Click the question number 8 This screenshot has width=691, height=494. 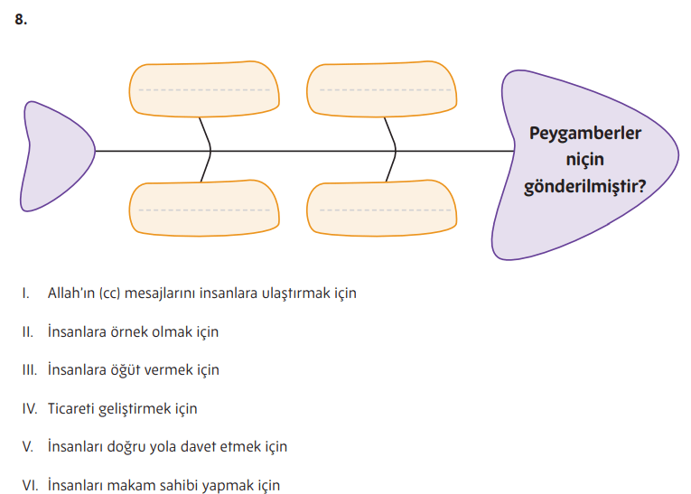(21, 19)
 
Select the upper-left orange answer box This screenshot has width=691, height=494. (204, 90)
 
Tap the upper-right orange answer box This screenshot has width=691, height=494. (381, 90)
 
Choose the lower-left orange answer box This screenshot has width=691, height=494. (204, 210)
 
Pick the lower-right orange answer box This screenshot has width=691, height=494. (381, 210)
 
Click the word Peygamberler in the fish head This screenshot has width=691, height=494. (585, 135)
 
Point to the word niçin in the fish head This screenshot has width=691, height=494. (585, 160)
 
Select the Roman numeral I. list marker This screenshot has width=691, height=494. (26, 294)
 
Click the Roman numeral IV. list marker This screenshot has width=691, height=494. (30, 408)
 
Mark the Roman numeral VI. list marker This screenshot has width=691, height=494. (30, 485)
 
